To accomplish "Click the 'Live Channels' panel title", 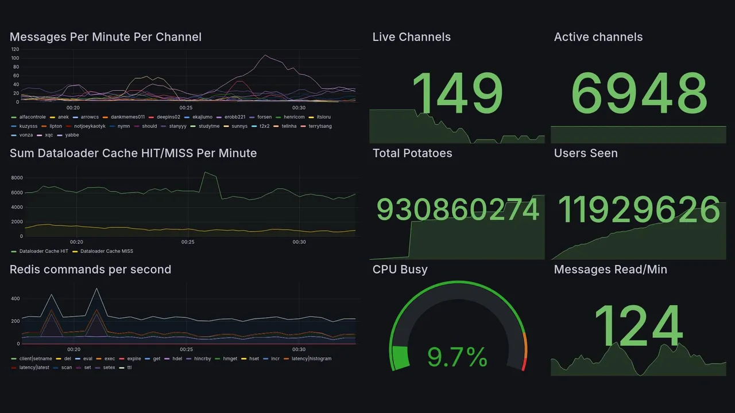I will click(x=411, y=37).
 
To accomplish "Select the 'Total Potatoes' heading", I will click(x=412, y=154).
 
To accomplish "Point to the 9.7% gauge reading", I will click(x=458, y=357).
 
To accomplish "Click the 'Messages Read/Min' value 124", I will click(x=638, y=327).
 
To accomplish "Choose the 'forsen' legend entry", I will click(x=264, y=117).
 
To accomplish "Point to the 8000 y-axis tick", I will click(x=17, y=178).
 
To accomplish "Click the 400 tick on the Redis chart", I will click(x=15, y=299).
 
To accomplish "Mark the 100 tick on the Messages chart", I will click(x=15, y=58).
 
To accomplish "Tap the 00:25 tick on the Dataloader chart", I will click(x=188, y=242).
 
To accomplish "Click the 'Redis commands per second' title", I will click(x=90, y=270).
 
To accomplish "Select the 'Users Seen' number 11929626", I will click(x=639, y=209).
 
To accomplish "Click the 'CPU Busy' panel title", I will click(x=400, y=270).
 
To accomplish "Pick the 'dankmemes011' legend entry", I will click(x=127, y=117).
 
